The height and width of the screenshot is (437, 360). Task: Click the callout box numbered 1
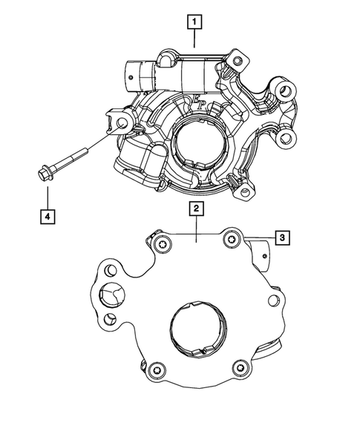pos(194,23)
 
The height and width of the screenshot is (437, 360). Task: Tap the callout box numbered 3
pos(282,237)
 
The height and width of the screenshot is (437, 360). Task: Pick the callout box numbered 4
pos(46,217)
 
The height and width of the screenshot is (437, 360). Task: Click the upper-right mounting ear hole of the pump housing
pos(284,91)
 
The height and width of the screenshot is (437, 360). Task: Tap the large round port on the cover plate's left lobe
pos(112,296)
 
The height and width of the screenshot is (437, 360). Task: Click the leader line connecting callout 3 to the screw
pos(256,237)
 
